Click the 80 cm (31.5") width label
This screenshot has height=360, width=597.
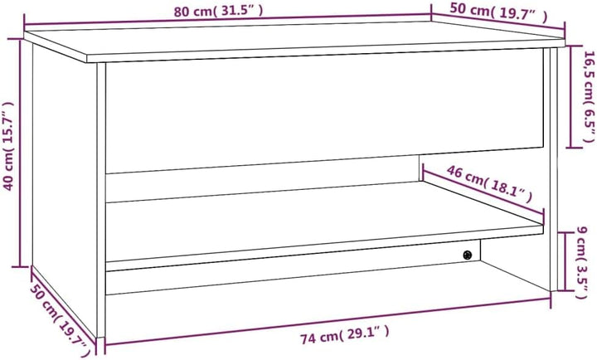click(x=220, y=11)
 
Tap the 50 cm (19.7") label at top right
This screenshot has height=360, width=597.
click(x=499, y=12)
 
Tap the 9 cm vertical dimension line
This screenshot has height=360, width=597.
click(x=567, y=261)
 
